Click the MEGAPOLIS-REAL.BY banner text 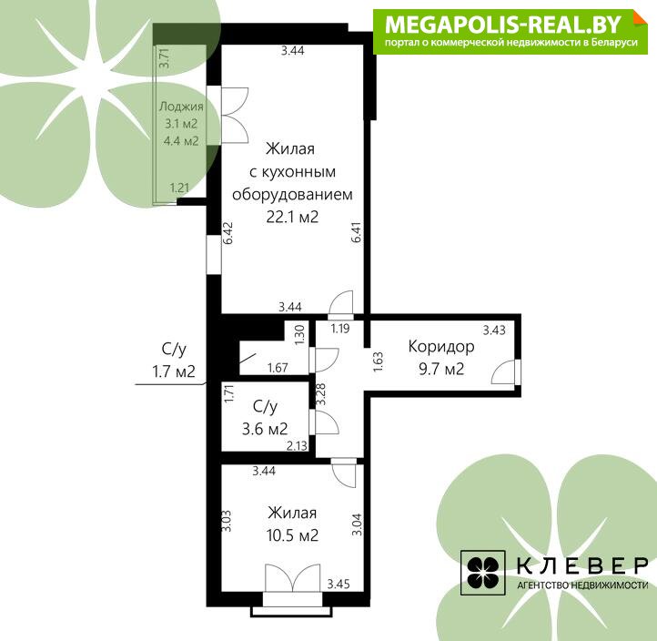pos(502,25)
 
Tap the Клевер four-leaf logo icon pos(482,573)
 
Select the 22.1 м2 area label pos(292,217)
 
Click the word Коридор pos(441,347)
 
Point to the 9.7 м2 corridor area pos(441,369)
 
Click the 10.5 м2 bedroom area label pos(292,535)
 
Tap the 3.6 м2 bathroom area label pos(265,429)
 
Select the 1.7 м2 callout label pos(174,371)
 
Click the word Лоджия pos(181,107)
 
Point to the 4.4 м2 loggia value pos(181,141)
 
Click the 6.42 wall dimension pos(227,233)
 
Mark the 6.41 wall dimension pos(356,233)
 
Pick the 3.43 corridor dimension pos(494,330)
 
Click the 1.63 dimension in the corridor pos(378,362)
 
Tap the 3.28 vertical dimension pos(320,394)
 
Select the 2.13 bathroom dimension pos(297,445)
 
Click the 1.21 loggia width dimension pos(179,188)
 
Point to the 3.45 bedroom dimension pos(339,584)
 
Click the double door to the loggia pos(234,116)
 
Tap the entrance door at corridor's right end pos(506,371)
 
